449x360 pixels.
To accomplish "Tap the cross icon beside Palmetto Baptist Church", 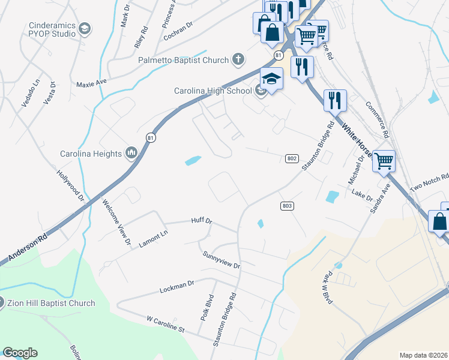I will click(238, 60).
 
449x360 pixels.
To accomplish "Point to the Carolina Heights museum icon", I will click(131, 154).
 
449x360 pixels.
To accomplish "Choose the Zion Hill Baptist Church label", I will click(51, 303).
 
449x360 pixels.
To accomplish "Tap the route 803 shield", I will click(287, 206).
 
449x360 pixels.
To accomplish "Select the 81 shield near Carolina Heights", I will click(150, 138).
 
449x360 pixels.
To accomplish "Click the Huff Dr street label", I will click(202, 221).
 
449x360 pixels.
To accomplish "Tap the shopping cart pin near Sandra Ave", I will click(384, 161).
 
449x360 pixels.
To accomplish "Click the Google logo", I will click(20, 353).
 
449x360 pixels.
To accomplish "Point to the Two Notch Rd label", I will click(429, 182).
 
